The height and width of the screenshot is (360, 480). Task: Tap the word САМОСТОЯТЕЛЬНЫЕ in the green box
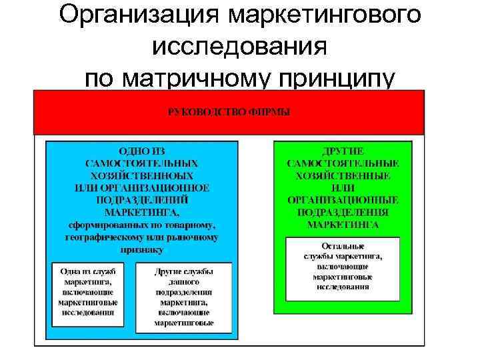343,163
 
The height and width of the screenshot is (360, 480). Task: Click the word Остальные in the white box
343,245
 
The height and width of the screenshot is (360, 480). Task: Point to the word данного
183,281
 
